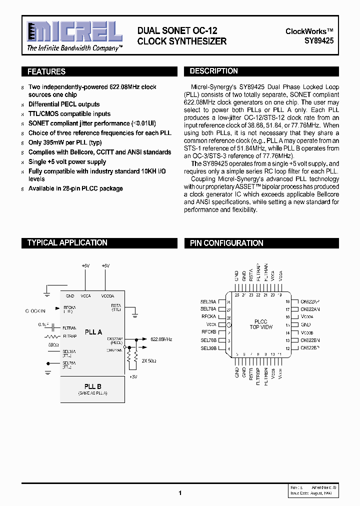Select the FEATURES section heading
pos(46,71)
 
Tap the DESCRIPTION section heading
pos(213,71)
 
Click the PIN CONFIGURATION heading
pos(226,243)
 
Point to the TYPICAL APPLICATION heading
pos(67,242)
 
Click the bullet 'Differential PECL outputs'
pos(64,104)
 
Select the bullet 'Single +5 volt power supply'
pos(67,162)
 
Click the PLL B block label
pos(93,386)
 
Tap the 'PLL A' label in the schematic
pos(93,332)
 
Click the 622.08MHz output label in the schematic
pos(161,339)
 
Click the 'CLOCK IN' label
pos(35,311)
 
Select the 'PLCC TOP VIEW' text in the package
pos(261,324)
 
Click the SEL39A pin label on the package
pos(208,302)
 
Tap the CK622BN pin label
pos(310,340)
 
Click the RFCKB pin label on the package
pos(208,332)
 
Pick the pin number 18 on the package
pos(287,302)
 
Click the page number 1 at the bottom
pos(180,493)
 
